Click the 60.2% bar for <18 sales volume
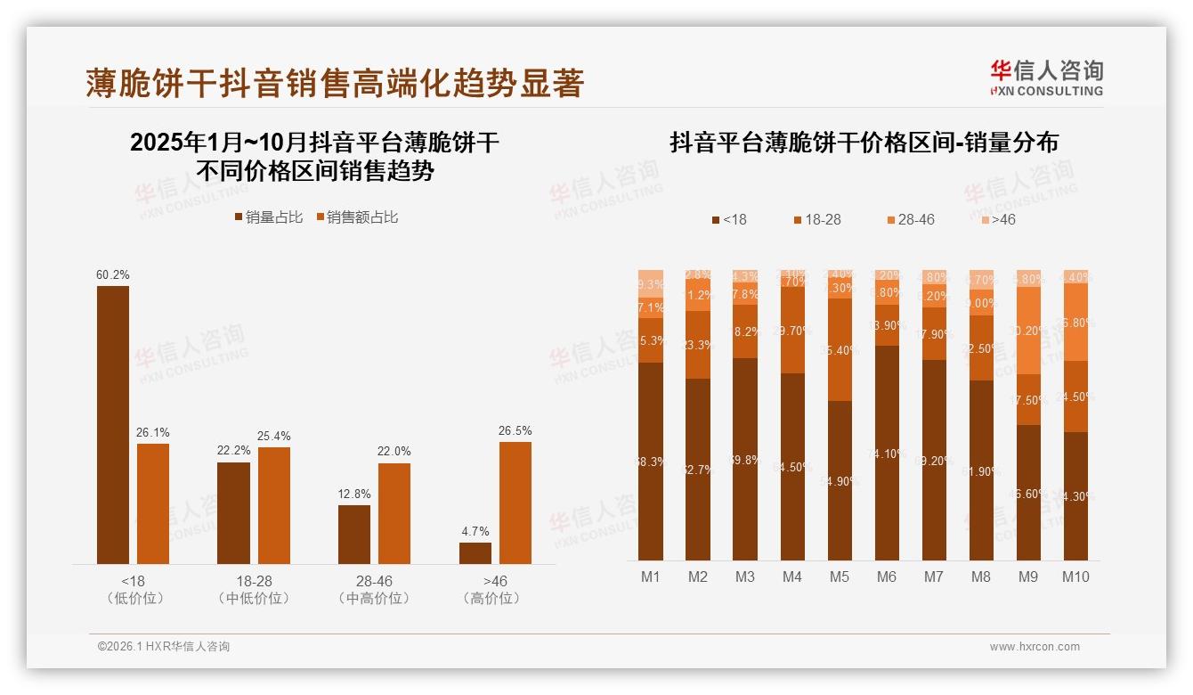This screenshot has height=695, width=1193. click(113, 424)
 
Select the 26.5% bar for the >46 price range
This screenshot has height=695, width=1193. click(515, 503)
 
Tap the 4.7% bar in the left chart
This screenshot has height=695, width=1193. click(475, 552)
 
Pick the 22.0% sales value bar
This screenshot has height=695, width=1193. click(394, 513)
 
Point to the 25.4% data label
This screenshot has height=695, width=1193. click(275, 436)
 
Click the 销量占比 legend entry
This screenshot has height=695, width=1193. click(268, 217)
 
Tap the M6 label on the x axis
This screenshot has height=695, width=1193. click(887, 576)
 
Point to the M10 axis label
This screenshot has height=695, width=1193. click(1075, 576)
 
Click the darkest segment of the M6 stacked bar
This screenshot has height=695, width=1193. click(887, 453)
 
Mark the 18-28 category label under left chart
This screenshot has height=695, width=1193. click(254, 581)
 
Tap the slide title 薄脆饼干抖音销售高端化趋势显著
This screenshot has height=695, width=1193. click(335, 83)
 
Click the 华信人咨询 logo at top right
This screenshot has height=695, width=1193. click(1046, 78)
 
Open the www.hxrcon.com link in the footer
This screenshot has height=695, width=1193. click(1035, 647)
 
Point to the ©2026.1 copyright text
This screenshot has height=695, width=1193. click(164, 647)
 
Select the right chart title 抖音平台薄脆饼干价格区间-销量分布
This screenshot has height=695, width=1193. click(864, 143)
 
